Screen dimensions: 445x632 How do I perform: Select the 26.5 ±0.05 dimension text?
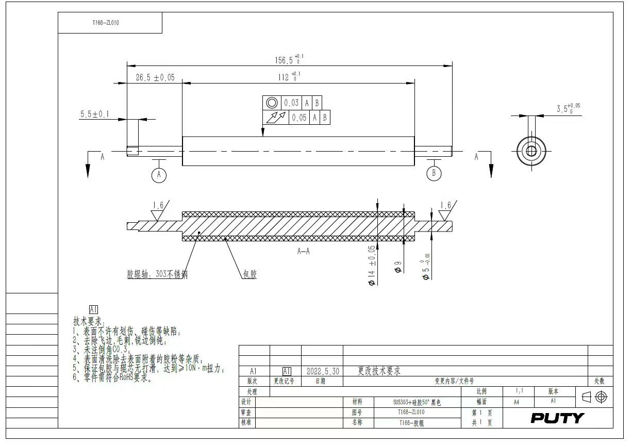click(x=155, y=77)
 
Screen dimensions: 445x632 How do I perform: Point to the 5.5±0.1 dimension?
click(x=94, y=114)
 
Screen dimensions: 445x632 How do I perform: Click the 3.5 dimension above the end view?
click(x=568, y=108)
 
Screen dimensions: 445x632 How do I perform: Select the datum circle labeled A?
click(x=159, y=174)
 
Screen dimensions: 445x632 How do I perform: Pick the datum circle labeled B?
click(x=434, y=173)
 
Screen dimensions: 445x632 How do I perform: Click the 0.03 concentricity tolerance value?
click(x=291, y=103)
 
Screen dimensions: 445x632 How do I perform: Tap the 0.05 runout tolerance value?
click(x=299, y=118)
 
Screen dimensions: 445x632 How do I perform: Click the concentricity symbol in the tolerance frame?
click(x=272, y=103)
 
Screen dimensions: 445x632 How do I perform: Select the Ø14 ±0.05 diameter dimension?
click(x=371, y=265)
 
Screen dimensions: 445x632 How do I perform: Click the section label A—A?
click(x=303, y=252)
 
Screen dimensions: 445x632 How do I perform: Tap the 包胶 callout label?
click(x=250, y=274)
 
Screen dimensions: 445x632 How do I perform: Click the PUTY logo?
click(x=557, y=418)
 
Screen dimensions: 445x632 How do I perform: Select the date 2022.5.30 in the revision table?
click(x=323, y=371)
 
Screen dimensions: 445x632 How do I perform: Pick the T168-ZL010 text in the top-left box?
click(x=106, y=23)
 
